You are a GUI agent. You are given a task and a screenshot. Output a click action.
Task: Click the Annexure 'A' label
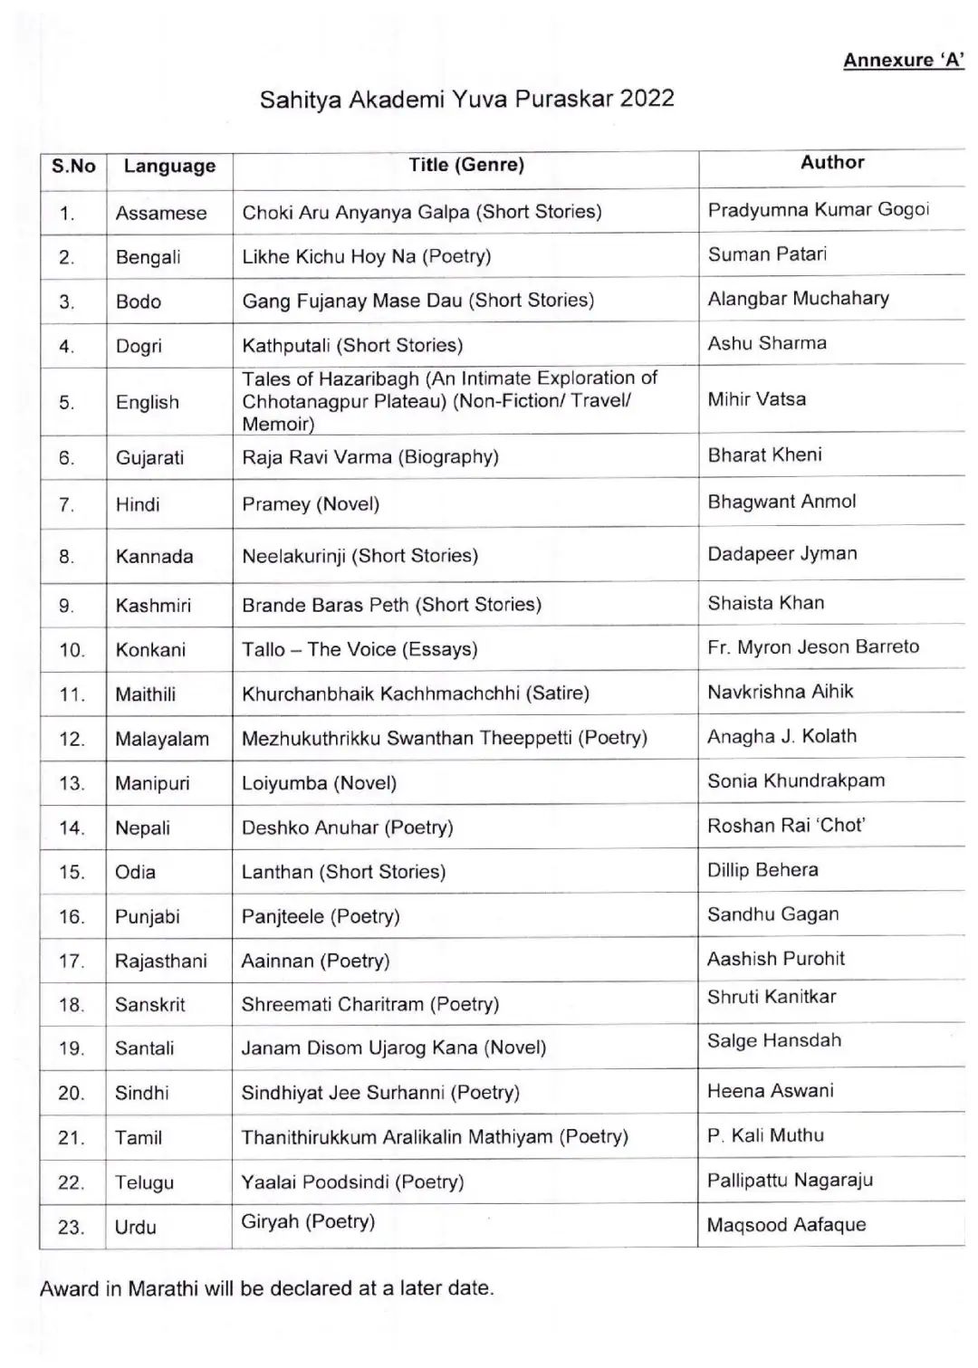pos(903,61)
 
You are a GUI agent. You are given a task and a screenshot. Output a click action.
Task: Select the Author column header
pos(832,163)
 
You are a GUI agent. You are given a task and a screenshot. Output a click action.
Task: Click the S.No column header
pos(73,166)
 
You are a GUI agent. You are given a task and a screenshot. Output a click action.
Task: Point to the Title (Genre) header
pos(466,165)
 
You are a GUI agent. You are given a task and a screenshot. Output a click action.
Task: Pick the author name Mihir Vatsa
pos(756,399)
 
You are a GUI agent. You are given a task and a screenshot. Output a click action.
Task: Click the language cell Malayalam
pos(162,739)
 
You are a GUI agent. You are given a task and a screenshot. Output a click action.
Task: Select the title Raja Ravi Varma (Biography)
pos(369,457)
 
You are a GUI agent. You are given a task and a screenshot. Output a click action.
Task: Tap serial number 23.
pos(71,1228)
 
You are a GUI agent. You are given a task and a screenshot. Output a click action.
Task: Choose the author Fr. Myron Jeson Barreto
pos(813,646)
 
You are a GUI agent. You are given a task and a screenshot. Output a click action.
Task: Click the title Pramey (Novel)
pos(310,504)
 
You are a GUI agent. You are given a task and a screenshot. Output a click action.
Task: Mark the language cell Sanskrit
pos(150,1005)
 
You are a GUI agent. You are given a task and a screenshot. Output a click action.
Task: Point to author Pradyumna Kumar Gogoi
pos(818,210)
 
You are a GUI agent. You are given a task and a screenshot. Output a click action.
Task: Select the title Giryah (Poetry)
pos(308,1221)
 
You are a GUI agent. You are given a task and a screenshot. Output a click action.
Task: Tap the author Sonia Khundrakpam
pos(796,780)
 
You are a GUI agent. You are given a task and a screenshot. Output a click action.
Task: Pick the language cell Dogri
pos(139,346)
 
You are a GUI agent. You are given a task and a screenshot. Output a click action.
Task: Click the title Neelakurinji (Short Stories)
pos(360,556)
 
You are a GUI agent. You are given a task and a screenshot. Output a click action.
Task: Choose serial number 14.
pos(71,827)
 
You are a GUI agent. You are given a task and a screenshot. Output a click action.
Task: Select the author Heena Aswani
pos(770,1091)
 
